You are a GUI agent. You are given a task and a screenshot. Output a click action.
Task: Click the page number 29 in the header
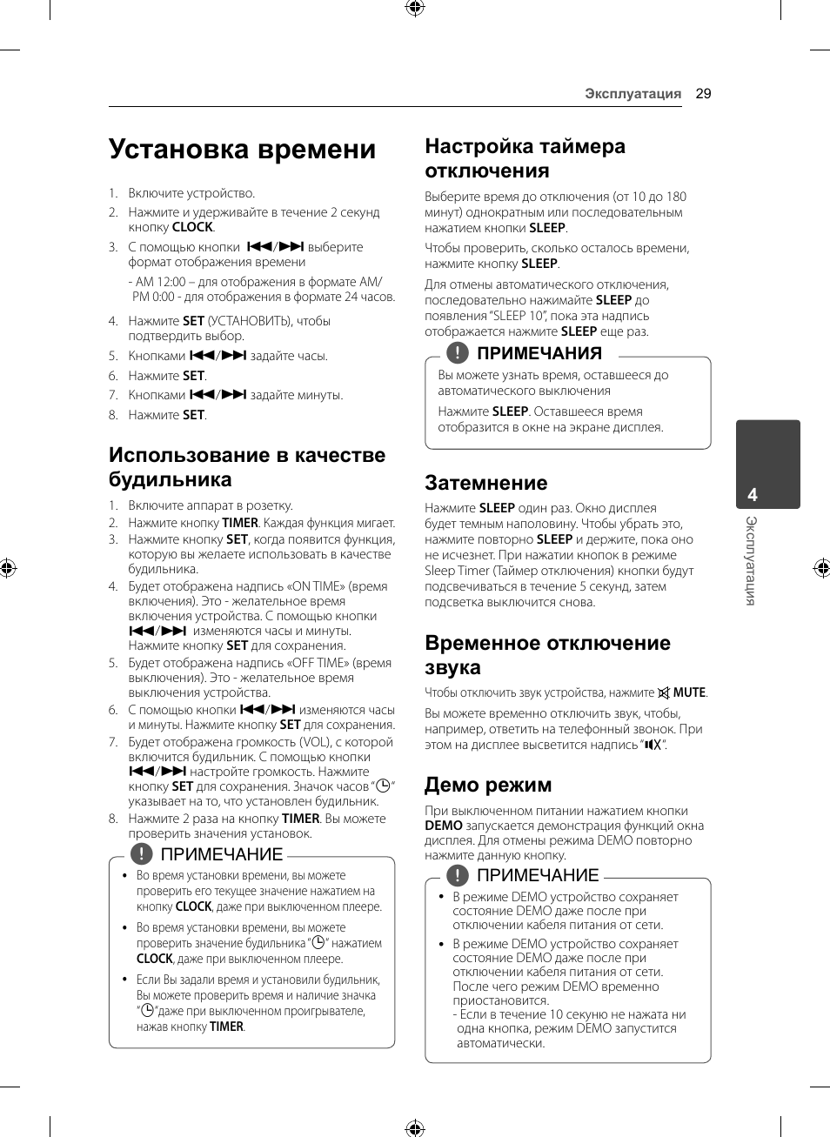tap(703, 94)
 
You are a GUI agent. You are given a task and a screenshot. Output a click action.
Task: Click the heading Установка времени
tap(242, 150)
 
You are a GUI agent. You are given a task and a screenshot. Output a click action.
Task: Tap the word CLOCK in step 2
tap(192, 227)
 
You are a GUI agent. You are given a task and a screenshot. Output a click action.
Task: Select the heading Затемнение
tap(485, 483)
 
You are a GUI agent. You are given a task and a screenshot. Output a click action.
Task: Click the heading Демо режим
tap(487, 785)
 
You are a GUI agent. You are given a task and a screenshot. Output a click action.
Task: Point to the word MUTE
tap(689, 692)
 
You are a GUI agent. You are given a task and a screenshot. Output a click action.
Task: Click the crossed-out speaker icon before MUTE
tap(664, 693)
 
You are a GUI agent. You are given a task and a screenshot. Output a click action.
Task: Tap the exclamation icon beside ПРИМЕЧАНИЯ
tap(457, 352)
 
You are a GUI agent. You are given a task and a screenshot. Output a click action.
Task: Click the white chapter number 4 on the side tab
tap(753, 495)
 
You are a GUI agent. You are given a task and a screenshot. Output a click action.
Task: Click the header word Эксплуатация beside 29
tap(633, 94)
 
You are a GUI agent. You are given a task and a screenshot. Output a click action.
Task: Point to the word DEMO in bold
tap(444, 826)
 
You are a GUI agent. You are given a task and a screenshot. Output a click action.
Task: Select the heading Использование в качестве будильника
tap(247, 467)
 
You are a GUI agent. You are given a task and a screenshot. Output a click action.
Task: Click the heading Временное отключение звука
tap(547, 655)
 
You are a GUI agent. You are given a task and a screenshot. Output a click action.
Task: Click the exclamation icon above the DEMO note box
tap(457, 875)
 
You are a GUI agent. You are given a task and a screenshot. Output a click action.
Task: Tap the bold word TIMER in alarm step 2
tap(240, 523)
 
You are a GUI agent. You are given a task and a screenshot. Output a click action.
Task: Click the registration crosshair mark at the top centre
tap(415, 9)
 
